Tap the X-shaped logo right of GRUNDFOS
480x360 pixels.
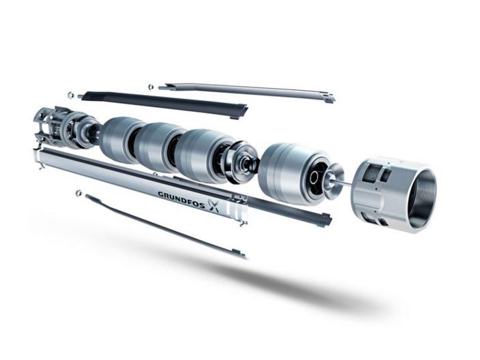tap(214, 205)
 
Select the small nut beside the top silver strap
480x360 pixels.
tap(151, 87)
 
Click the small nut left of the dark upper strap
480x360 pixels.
tap(71, 94)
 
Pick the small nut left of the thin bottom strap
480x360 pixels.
tap(78, 193)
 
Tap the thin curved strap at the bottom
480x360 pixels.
tap(165, 227)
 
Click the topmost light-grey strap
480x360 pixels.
tap(246, 91)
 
